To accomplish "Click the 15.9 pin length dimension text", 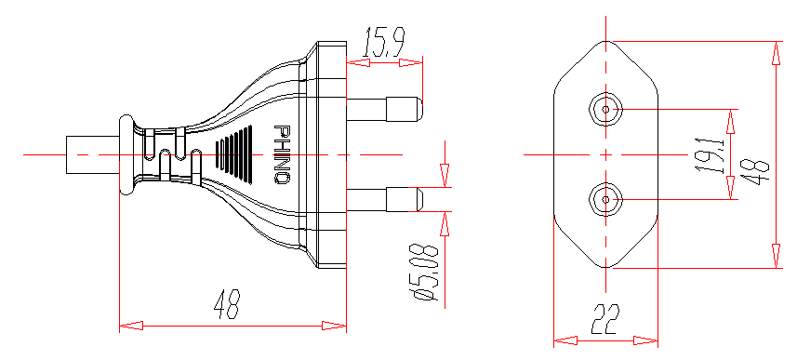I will pos(383,44).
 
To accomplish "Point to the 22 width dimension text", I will pos(605,319).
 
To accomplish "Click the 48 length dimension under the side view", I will pos(227,305).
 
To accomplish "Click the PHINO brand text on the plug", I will pos(283,154).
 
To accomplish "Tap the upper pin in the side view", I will pos(385,109).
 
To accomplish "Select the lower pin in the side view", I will pos(385,199).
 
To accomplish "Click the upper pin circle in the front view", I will pos(605,110).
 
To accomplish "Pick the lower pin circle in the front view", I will pos(605,199).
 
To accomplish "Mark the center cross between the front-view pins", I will pos(605,154).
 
